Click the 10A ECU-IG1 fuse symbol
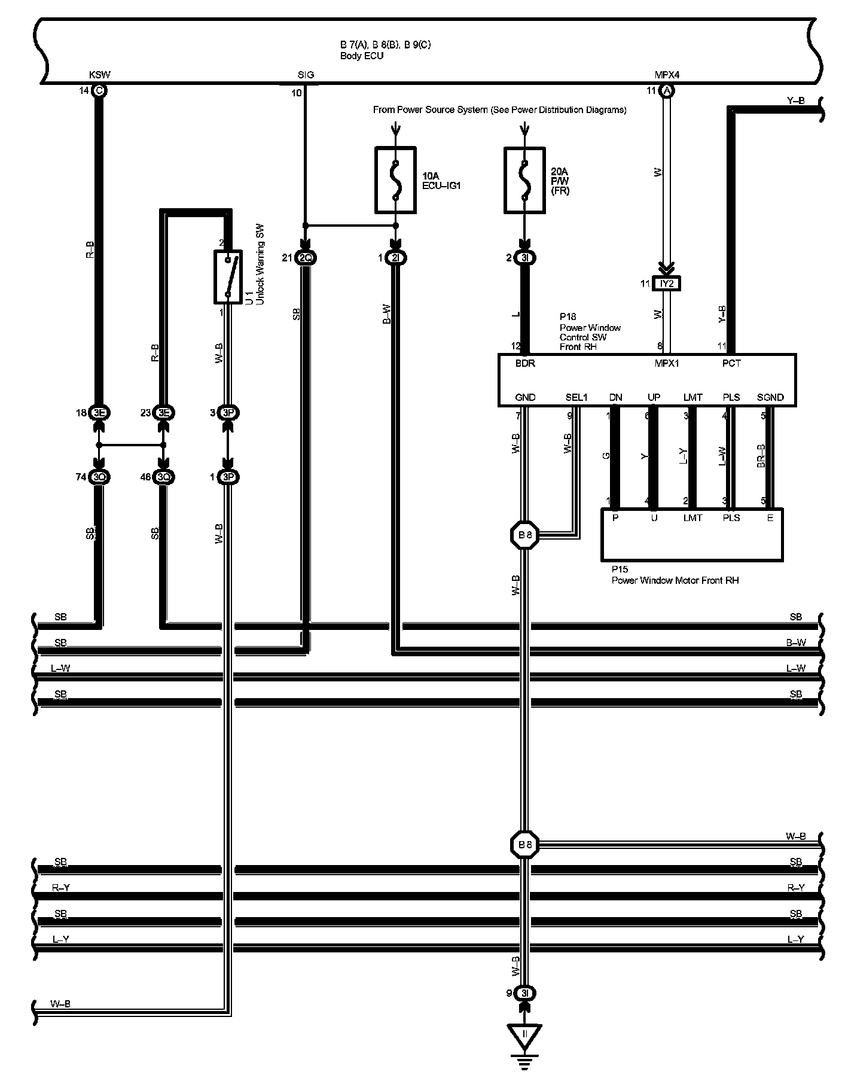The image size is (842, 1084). point(395,180)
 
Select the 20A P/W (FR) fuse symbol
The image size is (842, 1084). point(524,180)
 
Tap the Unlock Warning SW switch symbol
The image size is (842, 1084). point(227,276)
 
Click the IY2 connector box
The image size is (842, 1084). point(667,284)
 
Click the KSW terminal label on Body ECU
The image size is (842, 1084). point(99,75)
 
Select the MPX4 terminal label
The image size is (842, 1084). point(667,75)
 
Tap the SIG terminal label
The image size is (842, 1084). point(306,75)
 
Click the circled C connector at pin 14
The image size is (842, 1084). point(99,90)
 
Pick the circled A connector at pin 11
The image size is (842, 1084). point(667,90)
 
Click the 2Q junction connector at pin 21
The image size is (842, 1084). point(306,258)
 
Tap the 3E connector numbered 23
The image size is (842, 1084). point(163,412)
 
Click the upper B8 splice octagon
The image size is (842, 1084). point(524,535)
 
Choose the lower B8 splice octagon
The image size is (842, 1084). point(524,845)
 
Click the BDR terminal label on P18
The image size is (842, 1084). point(525,363)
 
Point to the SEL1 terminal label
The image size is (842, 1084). point(576,397)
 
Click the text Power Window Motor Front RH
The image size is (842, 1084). point(675,580)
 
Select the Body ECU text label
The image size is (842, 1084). point(362,56)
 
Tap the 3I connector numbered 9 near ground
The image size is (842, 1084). point(524,994)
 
